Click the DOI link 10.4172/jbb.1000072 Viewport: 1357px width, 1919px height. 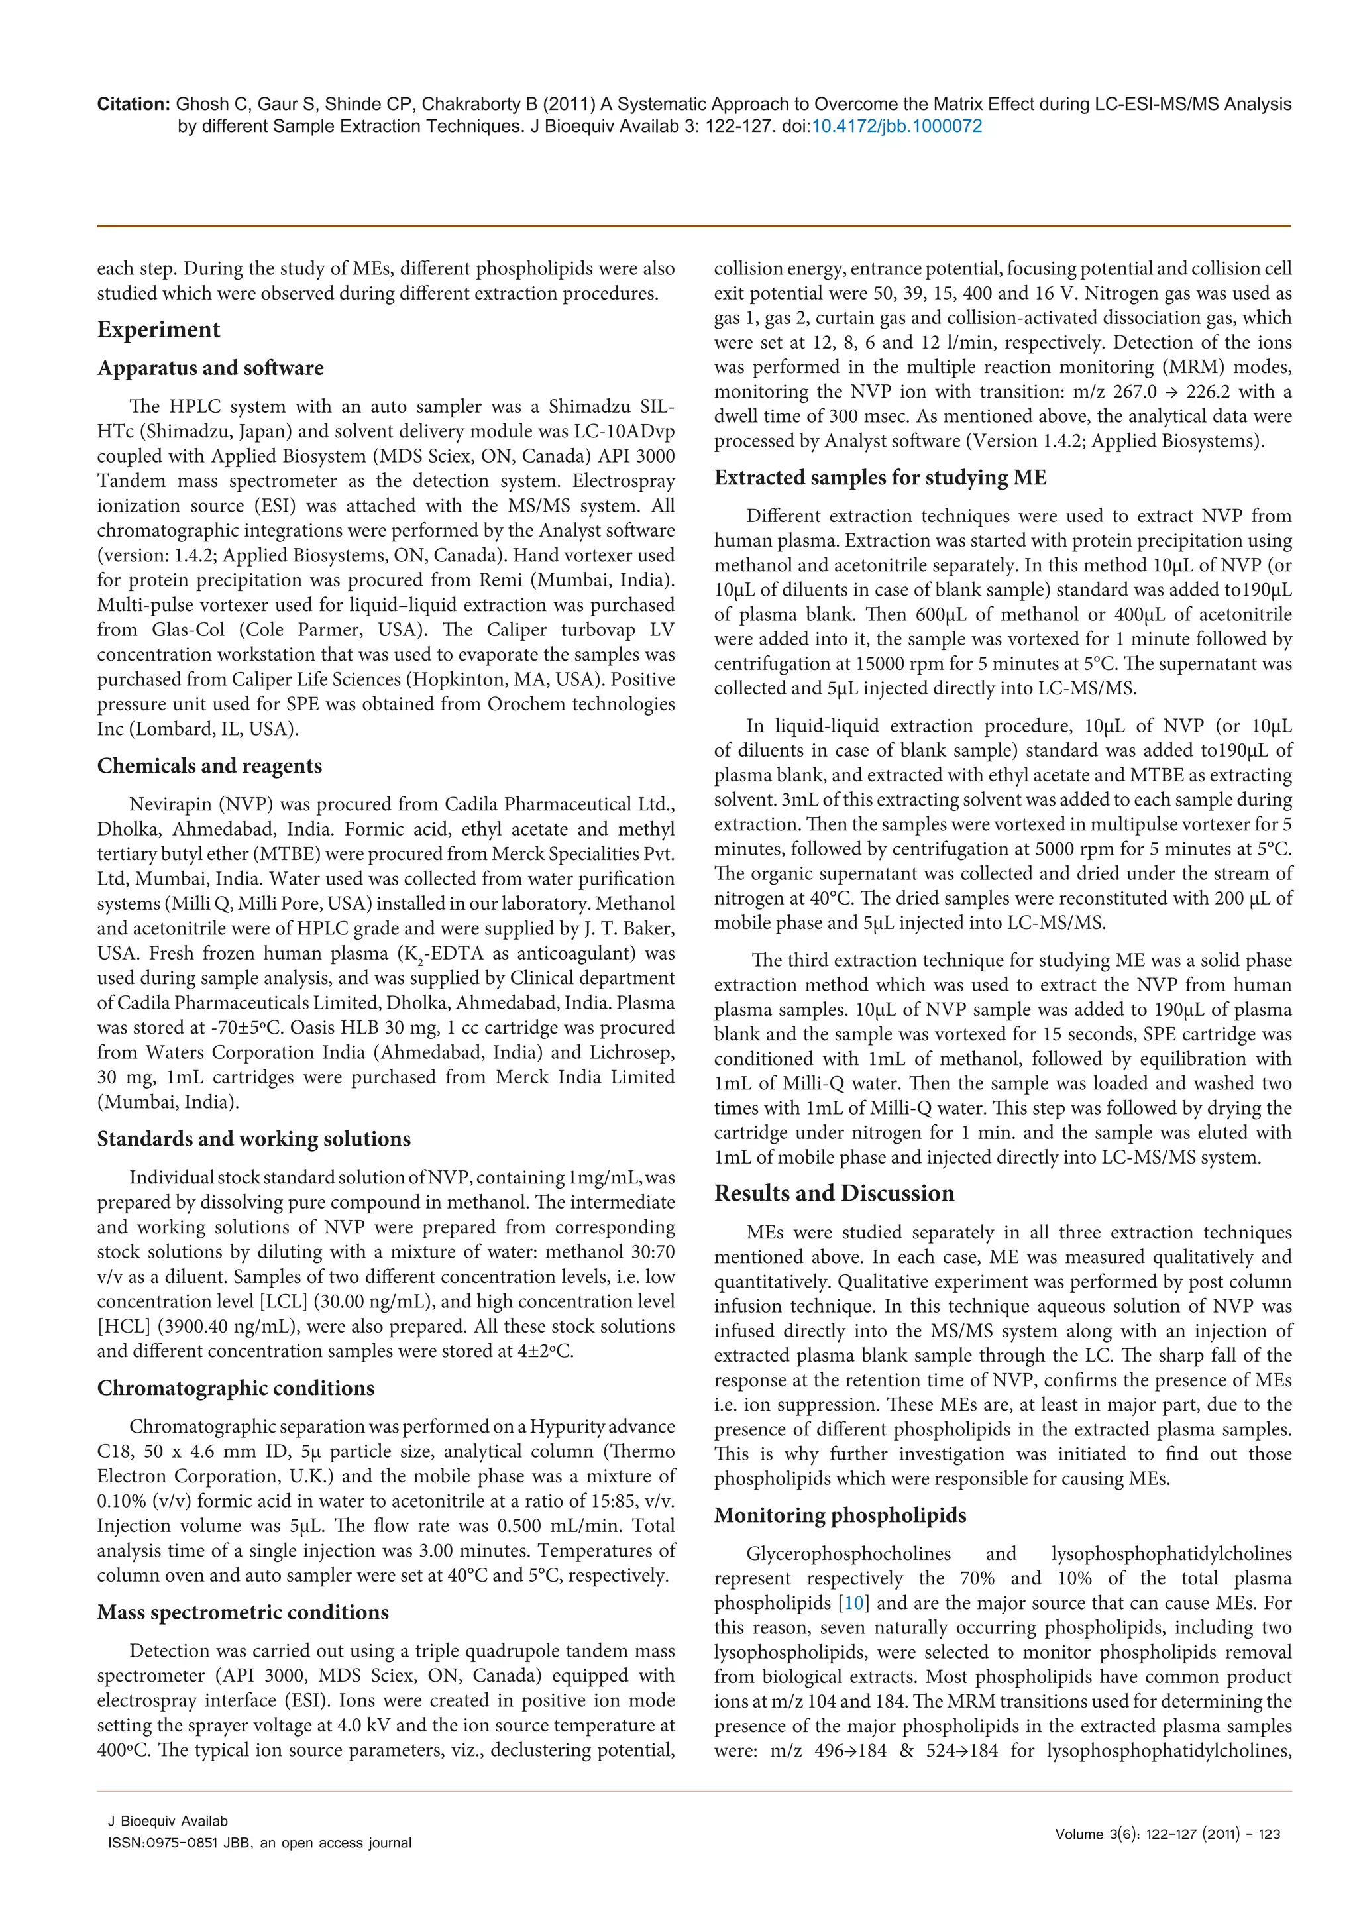click(896, 126)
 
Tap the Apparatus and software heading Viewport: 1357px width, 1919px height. click(210, 368)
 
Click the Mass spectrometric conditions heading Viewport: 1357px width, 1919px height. click(243, 1612)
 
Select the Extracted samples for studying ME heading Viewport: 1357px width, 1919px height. click(879, 477)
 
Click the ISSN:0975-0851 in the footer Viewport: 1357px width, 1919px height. click(160, 1843)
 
